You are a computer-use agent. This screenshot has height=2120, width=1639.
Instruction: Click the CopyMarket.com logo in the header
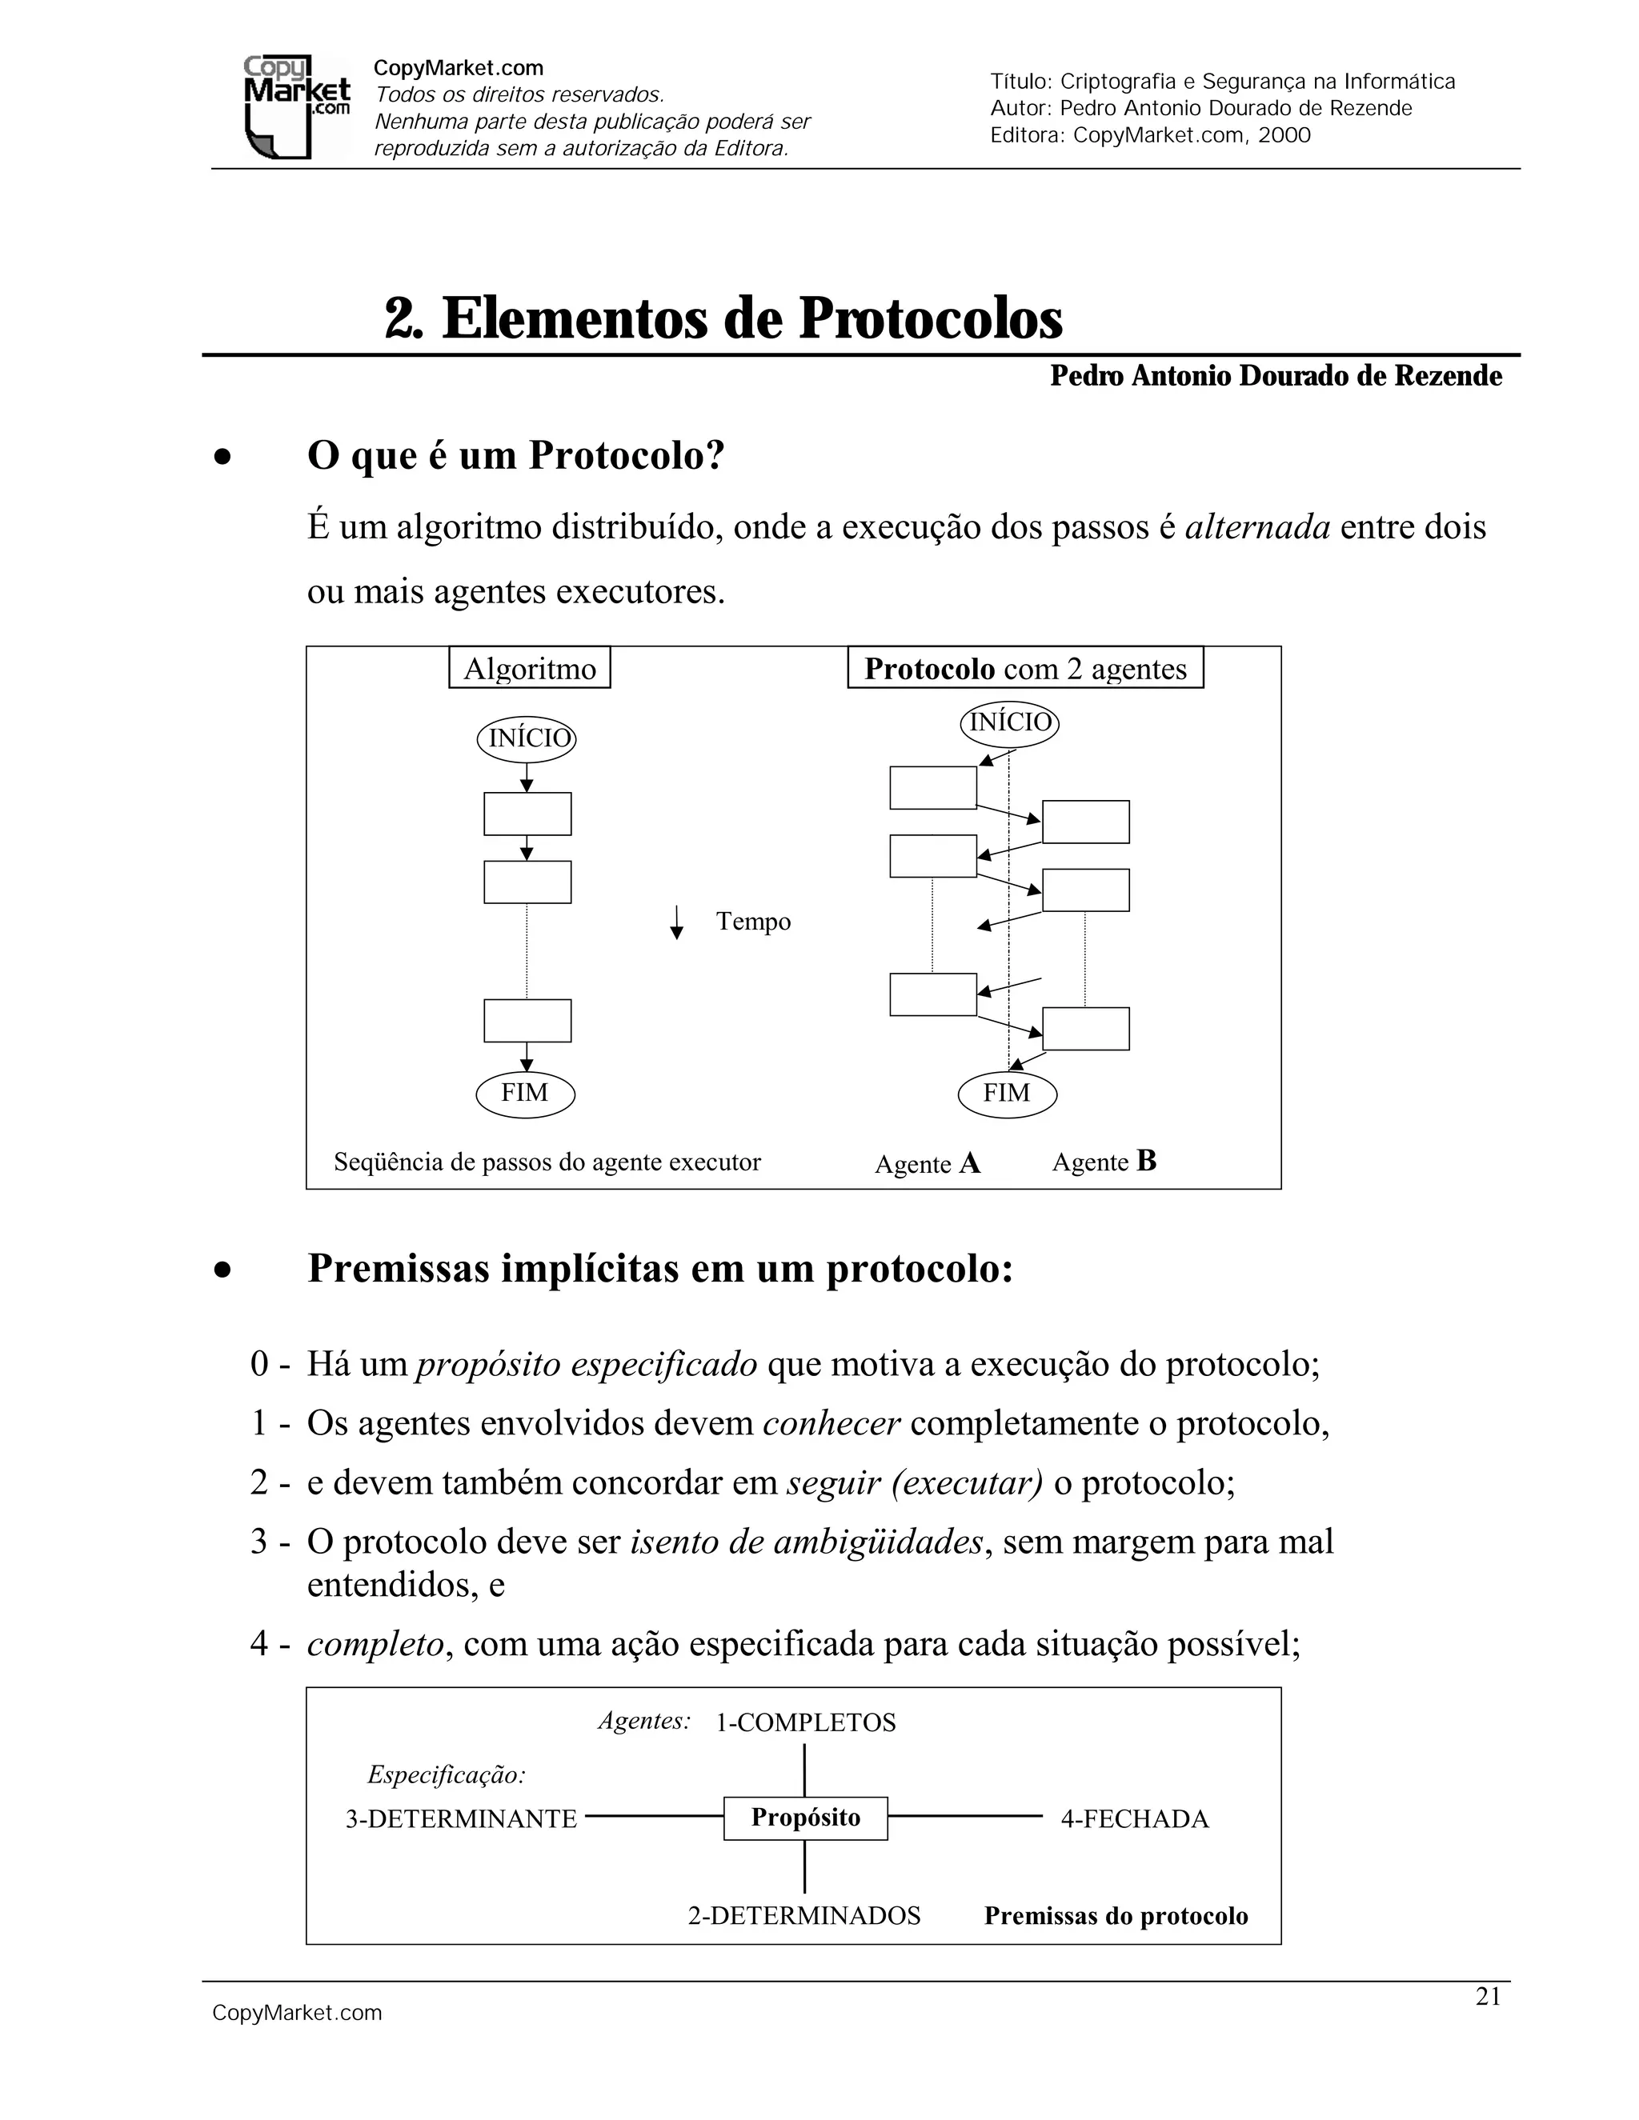pos(296,106)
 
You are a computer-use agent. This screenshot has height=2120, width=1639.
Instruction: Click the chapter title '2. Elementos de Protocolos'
pos(723,318)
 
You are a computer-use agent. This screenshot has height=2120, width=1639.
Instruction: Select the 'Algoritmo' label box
pos(529,669)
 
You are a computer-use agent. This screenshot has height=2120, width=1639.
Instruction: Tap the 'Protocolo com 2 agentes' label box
pos(1025,669)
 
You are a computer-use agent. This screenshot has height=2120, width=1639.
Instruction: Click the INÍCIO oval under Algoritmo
pos(527,738)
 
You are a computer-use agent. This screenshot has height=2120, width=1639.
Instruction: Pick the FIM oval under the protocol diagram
pos(1007,1094)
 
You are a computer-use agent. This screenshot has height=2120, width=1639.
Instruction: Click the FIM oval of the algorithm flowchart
pos(525,1094)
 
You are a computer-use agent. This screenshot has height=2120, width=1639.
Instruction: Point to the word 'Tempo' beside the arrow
pos(753,921)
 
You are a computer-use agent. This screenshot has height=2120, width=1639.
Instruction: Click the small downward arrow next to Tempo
pos(677,922)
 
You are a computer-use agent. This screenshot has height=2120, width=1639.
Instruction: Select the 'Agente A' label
pos(928,1163)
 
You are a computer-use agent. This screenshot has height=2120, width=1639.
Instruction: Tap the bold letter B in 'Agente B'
pos(1146,1161)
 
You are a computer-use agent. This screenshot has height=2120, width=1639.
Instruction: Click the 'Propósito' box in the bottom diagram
pos(805,1817)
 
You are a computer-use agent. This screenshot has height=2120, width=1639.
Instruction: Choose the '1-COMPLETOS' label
pos(805,1723)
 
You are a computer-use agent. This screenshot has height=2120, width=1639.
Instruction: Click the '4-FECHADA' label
pos(1134,1819)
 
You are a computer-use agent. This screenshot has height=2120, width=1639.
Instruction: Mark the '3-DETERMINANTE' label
pos(461,1819)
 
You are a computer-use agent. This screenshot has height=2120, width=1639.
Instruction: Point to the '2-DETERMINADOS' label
pos(804,1915)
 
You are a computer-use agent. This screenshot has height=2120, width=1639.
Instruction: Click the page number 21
pos(1489,1996)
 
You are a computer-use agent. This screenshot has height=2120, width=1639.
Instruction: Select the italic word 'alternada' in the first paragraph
pos(1257,527)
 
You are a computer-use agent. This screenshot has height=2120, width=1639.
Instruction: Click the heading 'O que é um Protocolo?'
pos(515,455)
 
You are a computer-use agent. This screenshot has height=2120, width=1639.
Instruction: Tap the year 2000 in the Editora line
pos(1284,135)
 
